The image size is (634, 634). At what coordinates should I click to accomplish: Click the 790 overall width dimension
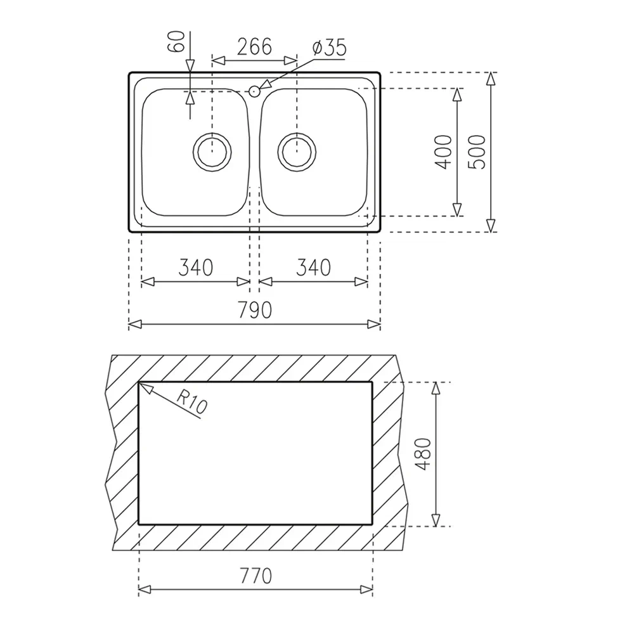[x=254, y=311]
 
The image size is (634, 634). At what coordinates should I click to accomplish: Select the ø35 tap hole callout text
[x=328, y=48]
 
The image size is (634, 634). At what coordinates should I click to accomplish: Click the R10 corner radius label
[x=191, y=403]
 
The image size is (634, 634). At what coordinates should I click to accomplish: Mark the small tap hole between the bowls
[x=254, y=91]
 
